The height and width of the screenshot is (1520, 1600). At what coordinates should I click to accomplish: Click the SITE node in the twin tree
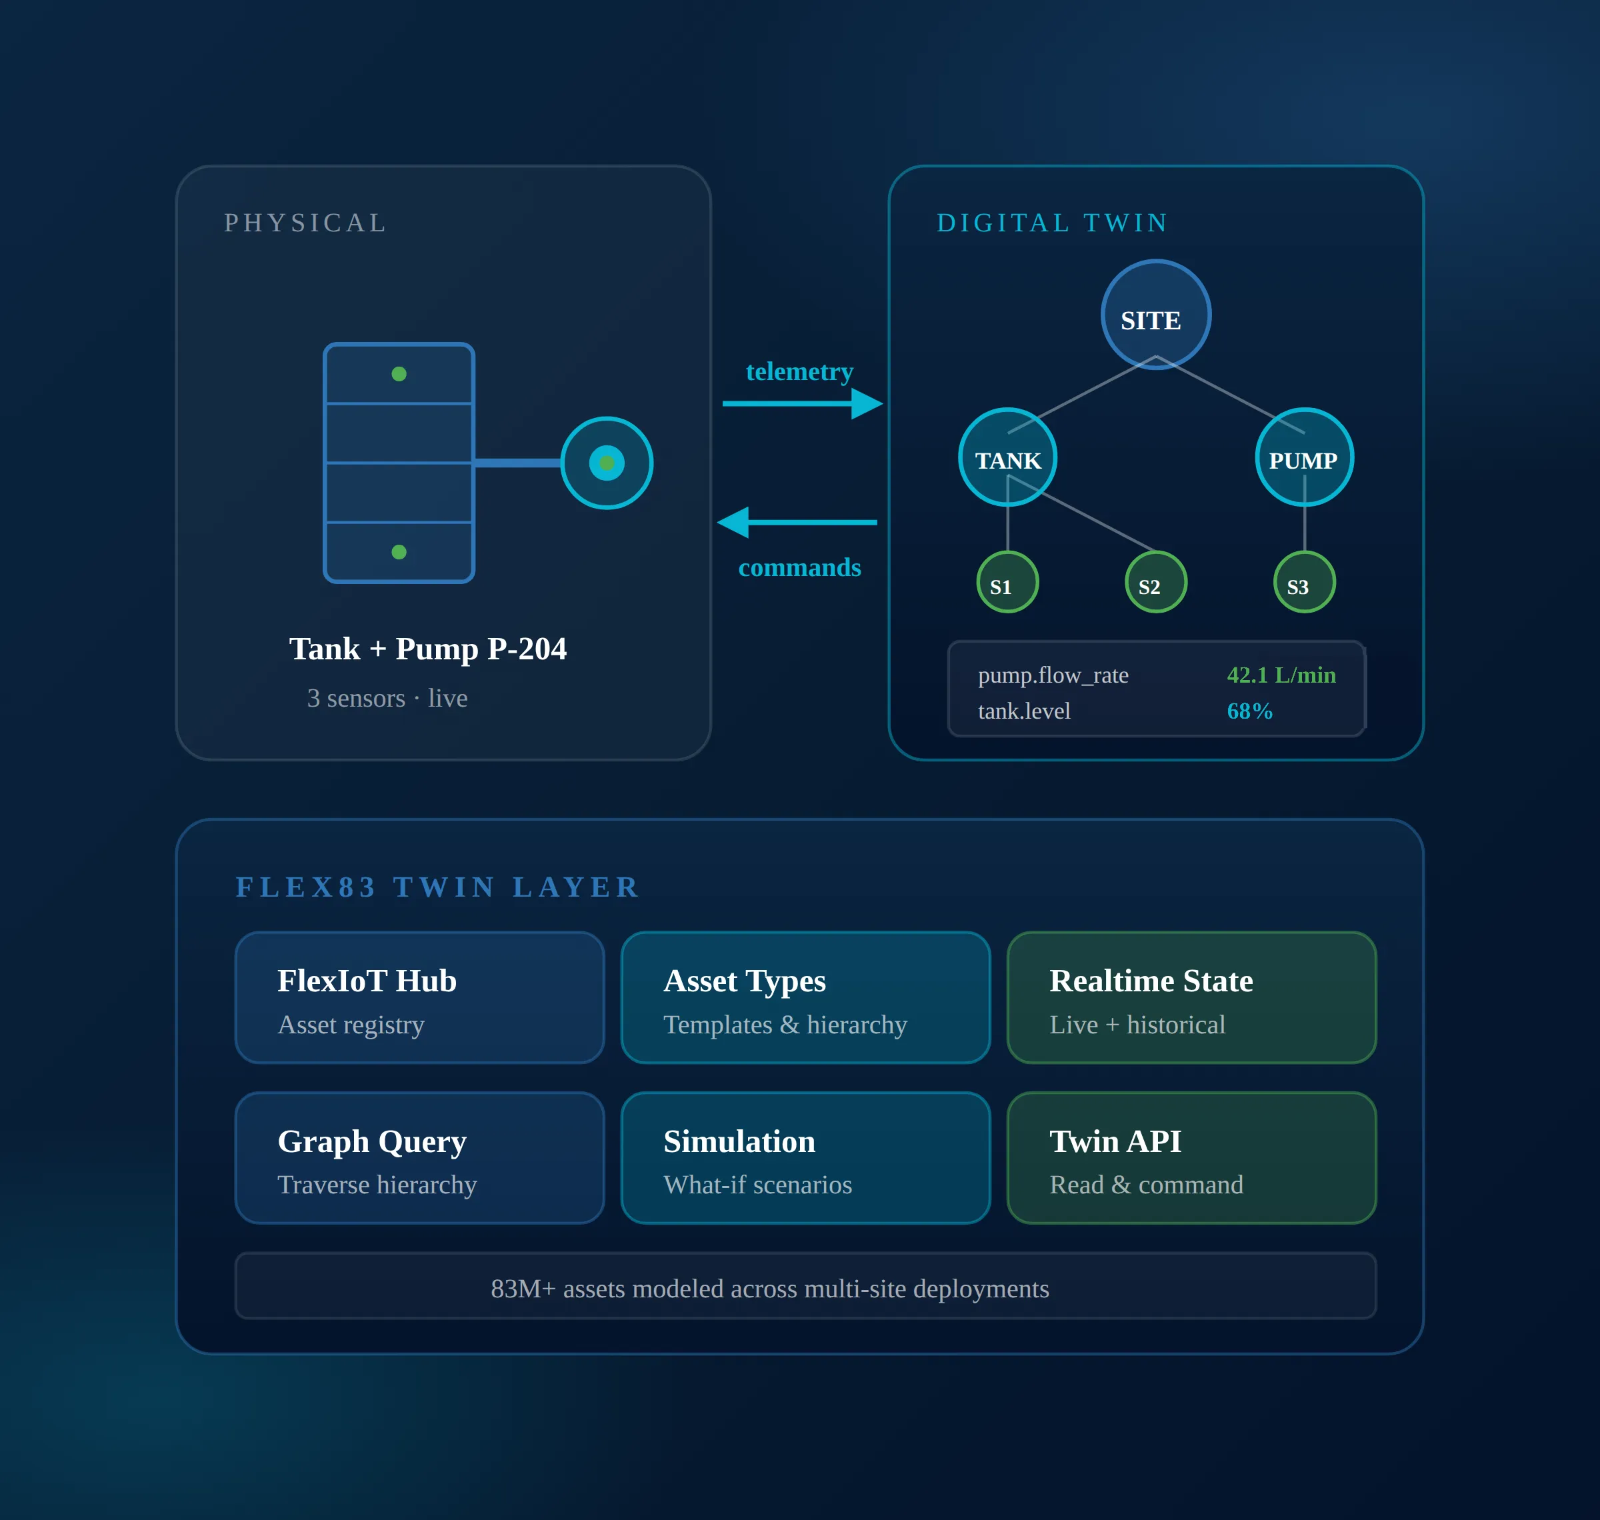1155,315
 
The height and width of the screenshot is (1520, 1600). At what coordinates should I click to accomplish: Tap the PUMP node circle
1304,457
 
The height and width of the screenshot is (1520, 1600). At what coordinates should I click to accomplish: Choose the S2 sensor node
1156,582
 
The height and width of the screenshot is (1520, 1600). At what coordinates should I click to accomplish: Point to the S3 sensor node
1304,582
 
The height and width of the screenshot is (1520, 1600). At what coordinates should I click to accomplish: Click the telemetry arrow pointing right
802,403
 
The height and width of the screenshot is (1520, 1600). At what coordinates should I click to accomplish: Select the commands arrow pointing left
797,523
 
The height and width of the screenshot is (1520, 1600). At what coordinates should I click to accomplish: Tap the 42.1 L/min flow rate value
1281,675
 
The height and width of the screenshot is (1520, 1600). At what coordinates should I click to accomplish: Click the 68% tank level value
1249,711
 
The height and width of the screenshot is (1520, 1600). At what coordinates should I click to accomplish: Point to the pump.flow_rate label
1053,675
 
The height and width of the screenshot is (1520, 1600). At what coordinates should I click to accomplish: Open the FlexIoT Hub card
419,997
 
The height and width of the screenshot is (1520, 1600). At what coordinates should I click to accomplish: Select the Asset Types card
805,997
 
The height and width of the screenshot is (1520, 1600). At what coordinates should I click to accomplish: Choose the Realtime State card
1192,997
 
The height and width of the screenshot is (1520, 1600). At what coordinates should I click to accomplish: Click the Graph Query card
419,1158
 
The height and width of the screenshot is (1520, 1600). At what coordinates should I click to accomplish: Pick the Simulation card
805,1158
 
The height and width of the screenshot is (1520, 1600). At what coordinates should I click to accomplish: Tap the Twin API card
1192,1158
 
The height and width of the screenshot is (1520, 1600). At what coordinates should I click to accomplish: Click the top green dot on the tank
399,373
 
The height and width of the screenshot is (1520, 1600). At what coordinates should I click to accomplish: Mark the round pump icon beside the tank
607,463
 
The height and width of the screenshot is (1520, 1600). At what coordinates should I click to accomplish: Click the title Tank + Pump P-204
428,648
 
